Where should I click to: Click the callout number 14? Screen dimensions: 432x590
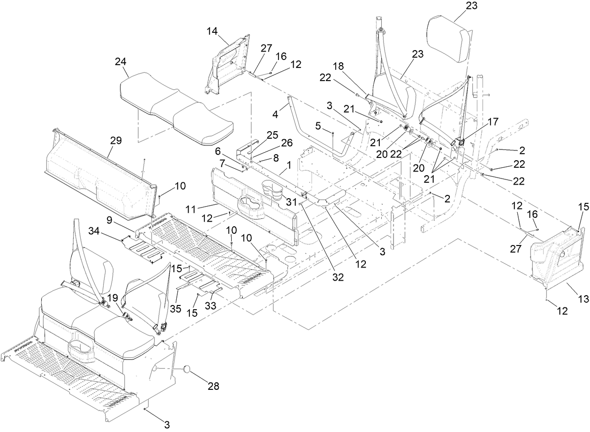(212, 30)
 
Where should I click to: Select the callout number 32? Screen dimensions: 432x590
(338, 277)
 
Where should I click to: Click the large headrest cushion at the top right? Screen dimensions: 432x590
(449, 42)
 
